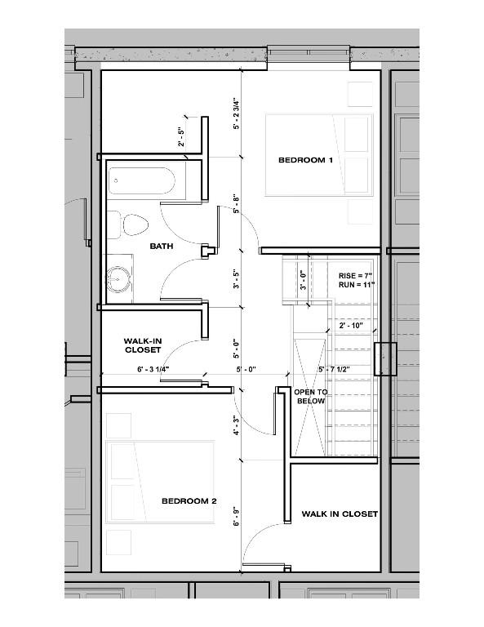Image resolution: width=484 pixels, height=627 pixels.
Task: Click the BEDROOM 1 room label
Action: click(x=305, y=160)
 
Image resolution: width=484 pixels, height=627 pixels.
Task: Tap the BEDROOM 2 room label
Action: click(x=189, y=500)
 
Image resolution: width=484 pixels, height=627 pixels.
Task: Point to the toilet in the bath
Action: click(x=130, y=225)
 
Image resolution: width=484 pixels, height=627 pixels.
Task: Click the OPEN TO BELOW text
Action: click(x=310, y=397)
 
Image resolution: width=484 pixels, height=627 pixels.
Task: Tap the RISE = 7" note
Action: click(x=354, y=276)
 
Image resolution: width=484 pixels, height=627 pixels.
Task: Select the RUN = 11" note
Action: click(x=354, y=287)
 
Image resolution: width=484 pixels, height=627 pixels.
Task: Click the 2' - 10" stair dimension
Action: click(x=352, y=325)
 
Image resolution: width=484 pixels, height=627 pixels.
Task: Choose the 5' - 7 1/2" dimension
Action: click(x=335, y=370)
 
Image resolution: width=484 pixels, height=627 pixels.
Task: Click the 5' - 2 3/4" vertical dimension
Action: click(x=236, y=115)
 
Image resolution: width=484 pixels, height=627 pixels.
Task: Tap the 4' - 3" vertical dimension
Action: click(x=236, y=425)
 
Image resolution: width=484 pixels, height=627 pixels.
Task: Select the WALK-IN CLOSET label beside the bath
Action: click(x=142, y=345)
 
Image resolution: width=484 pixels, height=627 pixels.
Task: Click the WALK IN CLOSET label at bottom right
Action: click(x=340, y=514)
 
